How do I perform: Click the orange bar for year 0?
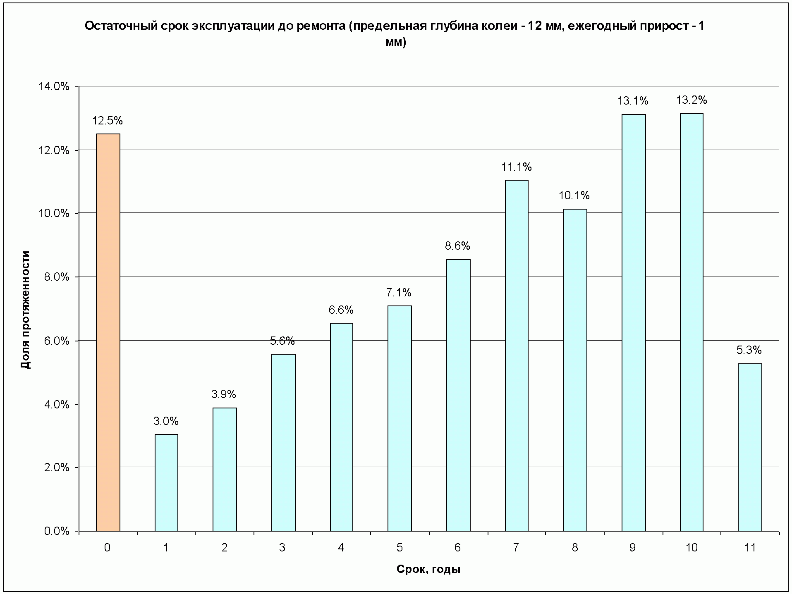click(108, 332)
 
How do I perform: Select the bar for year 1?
click(166, 482)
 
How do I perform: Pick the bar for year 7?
click(517, 355)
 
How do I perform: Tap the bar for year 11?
click(750, 447)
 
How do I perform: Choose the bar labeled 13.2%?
click(692, 322)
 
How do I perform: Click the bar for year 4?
click(341, 427)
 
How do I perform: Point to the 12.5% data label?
click(108, 121)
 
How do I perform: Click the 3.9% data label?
click(224, 394)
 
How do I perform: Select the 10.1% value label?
click(574, 196)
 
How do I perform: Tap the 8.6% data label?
click(457, 246)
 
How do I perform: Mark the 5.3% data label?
click(749, 350)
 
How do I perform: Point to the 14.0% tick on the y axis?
click(54, 86)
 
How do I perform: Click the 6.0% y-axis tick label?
click(57, 341)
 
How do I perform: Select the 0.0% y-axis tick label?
click(57, 531)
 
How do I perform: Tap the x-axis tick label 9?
click(632, 548)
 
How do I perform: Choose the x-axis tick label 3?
click(282, 548)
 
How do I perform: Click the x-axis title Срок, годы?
click(428, 570)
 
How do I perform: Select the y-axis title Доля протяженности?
click(26, 310)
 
